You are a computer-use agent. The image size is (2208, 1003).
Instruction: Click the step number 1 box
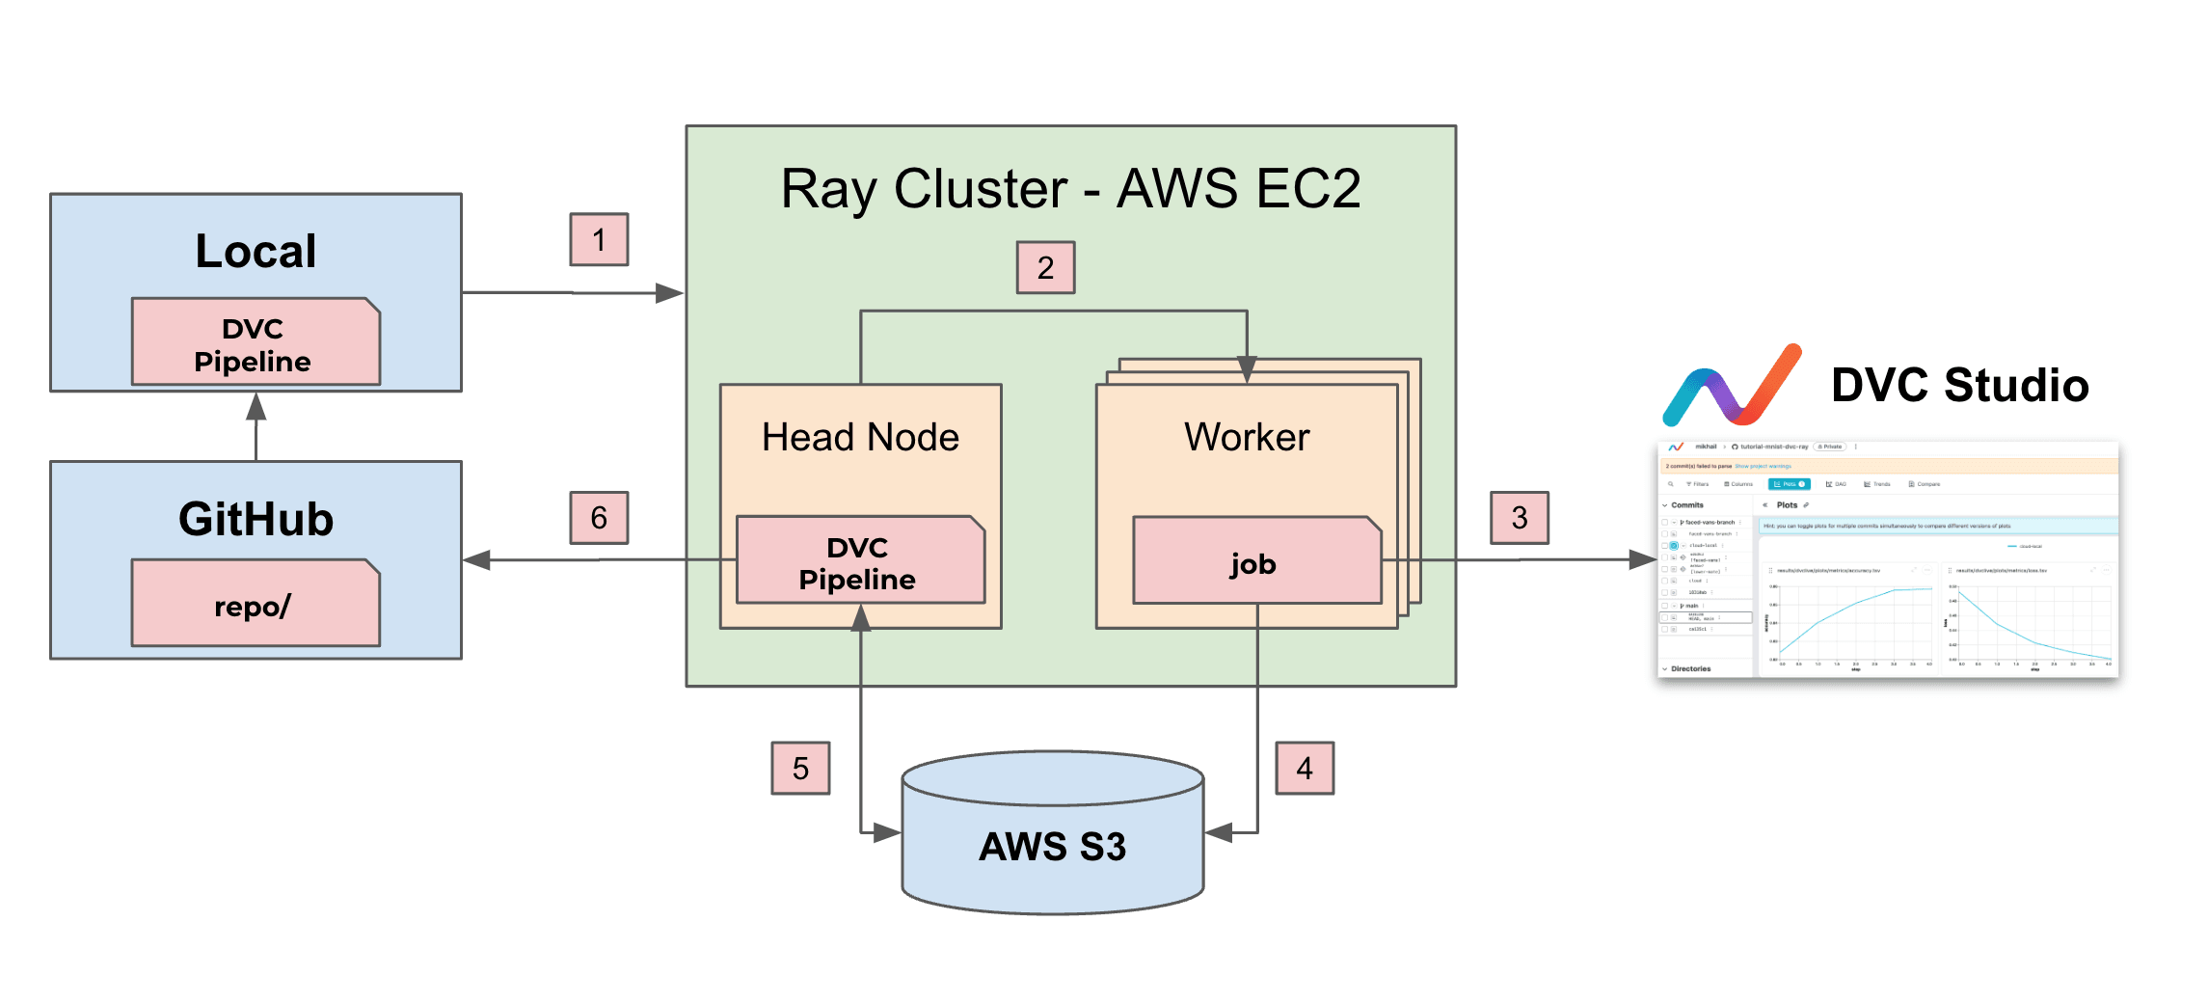(599, 239)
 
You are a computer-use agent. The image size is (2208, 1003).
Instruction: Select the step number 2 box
(1045, 267)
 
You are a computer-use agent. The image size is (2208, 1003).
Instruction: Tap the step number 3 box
(1519, 518)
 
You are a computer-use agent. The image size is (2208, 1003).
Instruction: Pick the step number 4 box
(1305, 768)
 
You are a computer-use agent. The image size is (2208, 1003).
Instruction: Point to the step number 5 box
(800, 768)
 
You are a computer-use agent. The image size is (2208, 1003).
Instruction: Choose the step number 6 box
(599, 518)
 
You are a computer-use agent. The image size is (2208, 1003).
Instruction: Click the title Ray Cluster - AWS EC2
(1070, 188)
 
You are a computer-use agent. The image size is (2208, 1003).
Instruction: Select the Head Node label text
(860, 437)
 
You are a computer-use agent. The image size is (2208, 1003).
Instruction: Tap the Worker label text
(1247, 437)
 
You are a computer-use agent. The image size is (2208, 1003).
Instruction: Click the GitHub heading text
(256, 519)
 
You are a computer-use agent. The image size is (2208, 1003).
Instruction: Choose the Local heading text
(256, 251)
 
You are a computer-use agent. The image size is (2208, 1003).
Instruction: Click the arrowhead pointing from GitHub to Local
(256, 407)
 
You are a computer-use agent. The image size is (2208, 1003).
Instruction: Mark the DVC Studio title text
(1959, 385)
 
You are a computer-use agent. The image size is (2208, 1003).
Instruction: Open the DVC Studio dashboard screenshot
(1887, 559)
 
